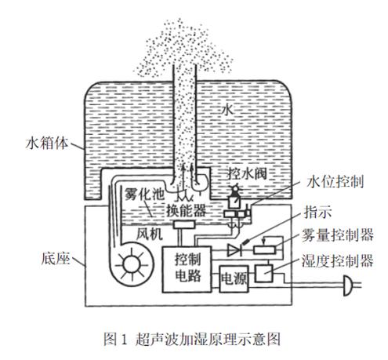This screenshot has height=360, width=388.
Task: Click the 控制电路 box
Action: coord(187,269)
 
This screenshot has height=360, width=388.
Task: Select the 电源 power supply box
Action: coord(234,278)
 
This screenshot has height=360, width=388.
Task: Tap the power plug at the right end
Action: coord(348,285)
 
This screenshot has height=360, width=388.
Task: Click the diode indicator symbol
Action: coord(234,250)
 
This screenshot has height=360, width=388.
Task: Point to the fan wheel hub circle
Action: coord(132,265)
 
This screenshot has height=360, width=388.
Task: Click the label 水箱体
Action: coord(47,144)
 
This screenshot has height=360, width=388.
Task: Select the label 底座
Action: coord(56,259)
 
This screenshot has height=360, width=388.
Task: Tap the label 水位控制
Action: coord(335,181)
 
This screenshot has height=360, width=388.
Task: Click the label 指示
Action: coord(318,212)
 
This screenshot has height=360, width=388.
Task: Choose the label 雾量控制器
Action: coord(338,235)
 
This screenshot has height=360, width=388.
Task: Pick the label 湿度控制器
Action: coord(338,260)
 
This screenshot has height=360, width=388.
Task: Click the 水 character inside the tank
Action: coord(227,110)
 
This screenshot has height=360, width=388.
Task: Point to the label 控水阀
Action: coord(248,173)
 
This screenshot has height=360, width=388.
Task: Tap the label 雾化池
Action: coord(145,194)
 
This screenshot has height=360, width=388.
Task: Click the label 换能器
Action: coord(187,210)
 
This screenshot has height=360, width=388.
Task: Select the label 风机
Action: coord(150,234)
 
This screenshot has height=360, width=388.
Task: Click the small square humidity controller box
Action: coord(263,274)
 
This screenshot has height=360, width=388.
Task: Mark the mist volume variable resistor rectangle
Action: coord(264,250)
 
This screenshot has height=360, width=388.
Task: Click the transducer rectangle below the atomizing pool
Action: coord(184,224)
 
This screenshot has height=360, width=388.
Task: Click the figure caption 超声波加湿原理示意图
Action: coord(208,339)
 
